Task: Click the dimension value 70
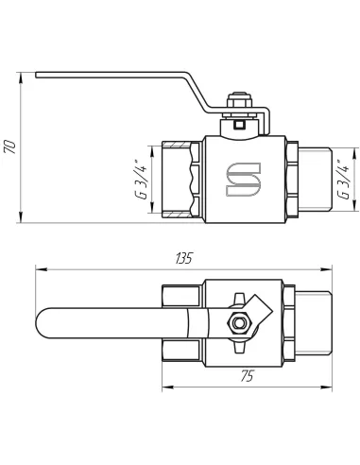coord(10,146)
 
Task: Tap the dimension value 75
coord(248,376)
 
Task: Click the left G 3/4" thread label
coord(139,181)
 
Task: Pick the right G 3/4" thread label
coord(345,181)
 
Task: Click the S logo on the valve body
coord(240,180)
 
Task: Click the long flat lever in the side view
coord(123,76)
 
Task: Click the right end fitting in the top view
coord(310,323)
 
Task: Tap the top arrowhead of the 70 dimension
coord(19,75)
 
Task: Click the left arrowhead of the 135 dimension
coord(39,269)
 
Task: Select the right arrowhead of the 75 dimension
coord(327,386)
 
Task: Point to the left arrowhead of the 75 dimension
coord(164,386)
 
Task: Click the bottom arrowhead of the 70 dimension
coord(19,222)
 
